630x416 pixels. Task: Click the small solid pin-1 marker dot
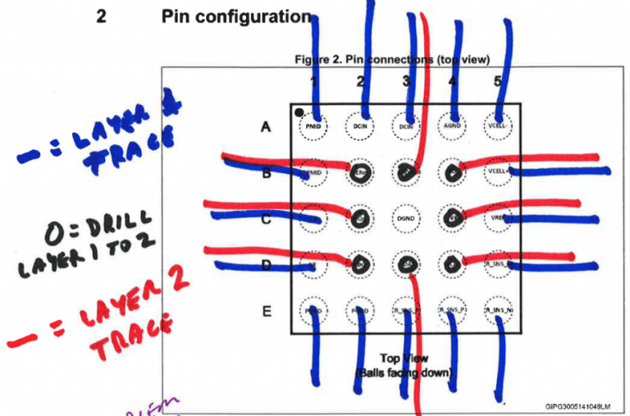tap(300, 111)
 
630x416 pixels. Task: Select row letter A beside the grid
tap(265, 126)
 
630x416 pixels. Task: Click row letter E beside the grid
tap(265, 311)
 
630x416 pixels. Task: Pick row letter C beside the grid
tap(265, 219)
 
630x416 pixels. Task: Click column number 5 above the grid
tap(497, 81)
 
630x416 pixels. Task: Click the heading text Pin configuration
tap(236, 16)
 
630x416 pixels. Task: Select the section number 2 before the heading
tap(101, 16)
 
